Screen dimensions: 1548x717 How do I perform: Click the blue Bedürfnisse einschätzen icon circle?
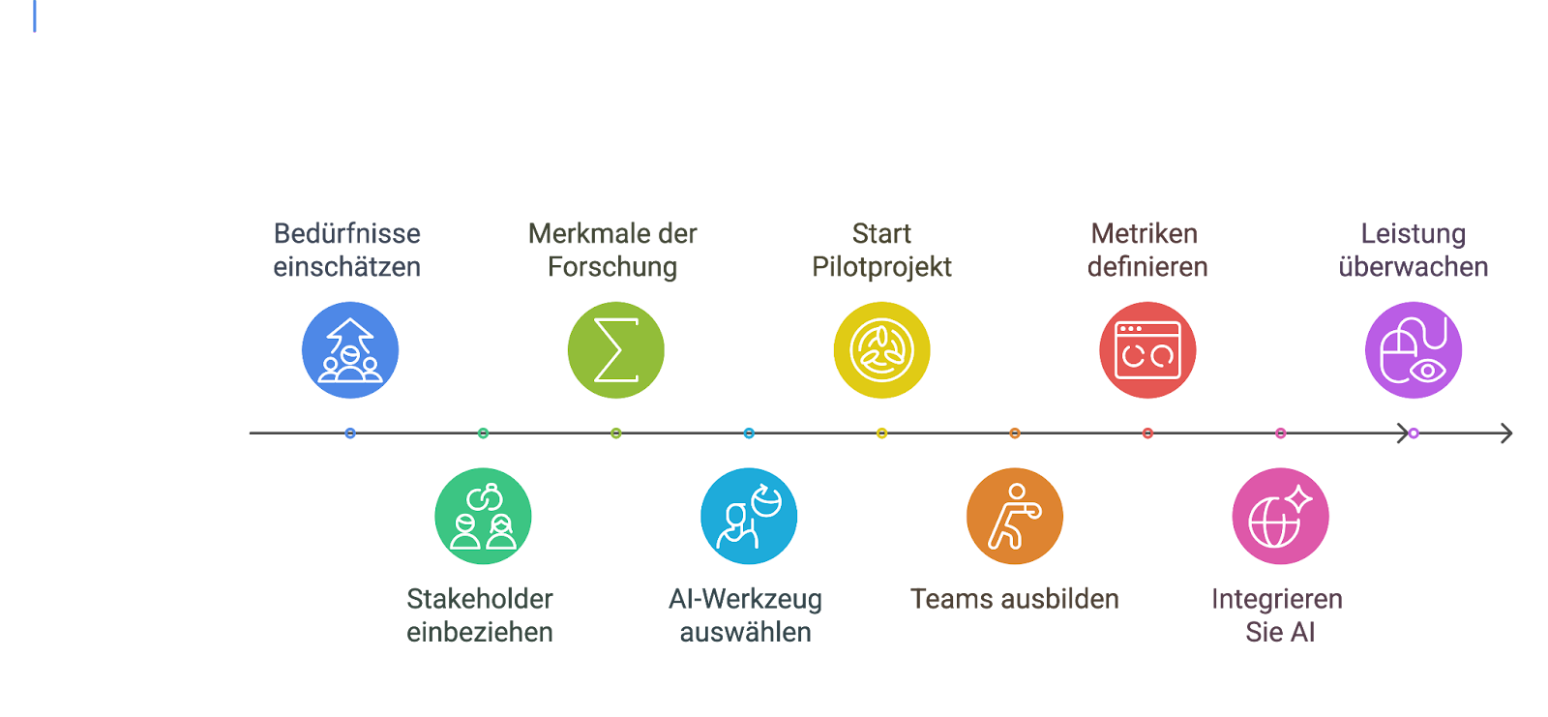click(x=350, y=350)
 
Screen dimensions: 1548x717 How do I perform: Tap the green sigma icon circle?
click(x=615, y=350)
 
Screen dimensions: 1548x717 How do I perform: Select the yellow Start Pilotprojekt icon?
click(x=881, y=350)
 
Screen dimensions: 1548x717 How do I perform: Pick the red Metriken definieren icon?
click(x=1147, y=350)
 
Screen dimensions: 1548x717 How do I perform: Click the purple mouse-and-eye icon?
click(x=1414, y=350)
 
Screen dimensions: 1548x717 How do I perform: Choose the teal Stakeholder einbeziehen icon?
click(x=483, y=517)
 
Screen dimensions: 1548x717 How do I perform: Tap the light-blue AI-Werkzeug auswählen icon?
click(x=749, y=517)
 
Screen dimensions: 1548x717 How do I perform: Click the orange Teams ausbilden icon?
click(x=1015, y=517)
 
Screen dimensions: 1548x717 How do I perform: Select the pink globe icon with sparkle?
click(x=1281, y=517)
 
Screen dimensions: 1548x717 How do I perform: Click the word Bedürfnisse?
click(x=347, y=234)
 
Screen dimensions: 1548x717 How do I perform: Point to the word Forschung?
click(x=612, y=268)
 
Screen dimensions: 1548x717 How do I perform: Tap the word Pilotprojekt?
click(x=881, y=268)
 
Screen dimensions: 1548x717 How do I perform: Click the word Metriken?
click(x=1145, y=234)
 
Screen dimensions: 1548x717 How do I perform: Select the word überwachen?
click(x=1414, y=267)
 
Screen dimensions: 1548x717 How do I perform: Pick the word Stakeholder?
click(x=480, y=599)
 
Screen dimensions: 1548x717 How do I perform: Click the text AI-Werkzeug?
click(x=745, y=600)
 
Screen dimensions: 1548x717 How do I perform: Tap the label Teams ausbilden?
click(x=1015, y=599)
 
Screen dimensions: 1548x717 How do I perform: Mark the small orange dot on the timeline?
click(x=1015, y=433)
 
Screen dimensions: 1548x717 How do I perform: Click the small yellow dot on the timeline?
click(x=881, y=433)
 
